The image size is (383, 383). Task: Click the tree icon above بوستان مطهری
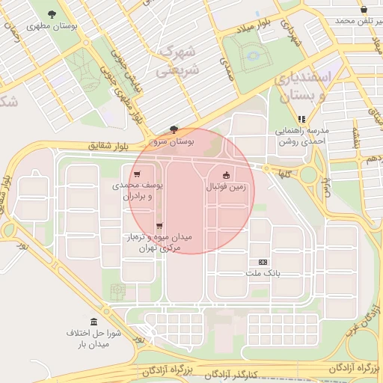coord(52,14)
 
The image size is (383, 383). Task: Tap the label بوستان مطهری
coord(52,25)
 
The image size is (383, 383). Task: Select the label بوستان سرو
coord(174,141)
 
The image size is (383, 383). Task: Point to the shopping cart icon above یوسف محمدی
coord(136,174)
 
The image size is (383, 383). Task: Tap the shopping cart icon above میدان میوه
coord(159,226)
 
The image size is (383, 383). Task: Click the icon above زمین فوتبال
coord(227,175)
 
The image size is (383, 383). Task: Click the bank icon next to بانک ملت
coord(263,262)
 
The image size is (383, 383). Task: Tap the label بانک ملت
coord(263,273)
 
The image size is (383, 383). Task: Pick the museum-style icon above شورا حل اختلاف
coord(94,322)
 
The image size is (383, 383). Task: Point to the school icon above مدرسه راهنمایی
coord(301,118)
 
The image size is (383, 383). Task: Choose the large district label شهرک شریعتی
coord(176,62)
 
